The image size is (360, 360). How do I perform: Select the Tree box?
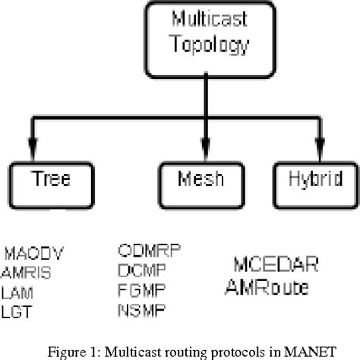pos(50,180)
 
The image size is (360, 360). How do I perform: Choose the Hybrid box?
pos(311,180)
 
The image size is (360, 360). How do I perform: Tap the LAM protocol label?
pos(17,292)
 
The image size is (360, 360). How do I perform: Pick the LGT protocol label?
pos(16,311)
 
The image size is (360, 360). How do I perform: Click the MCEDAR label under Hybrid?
pos(276,265)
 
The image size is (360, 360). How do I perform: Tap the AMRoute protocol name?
pos(270,286)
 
